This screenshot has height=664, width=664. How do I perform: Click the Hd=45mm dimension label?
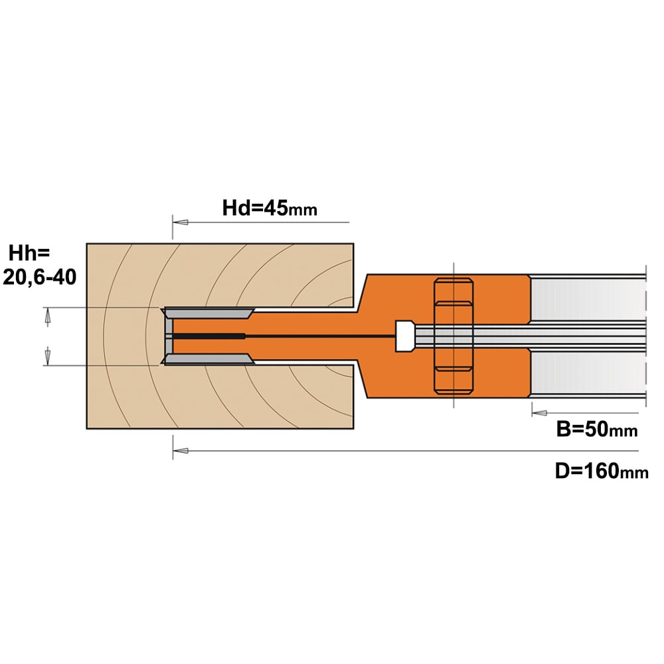click(270, 208)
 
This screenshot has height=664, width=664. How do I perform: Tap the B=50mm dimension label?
click(597, 429)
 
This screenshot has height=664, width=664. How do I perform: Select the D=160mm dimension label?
click(602, 471)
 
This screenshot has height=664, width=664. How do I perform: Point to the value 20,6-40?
click(39, 278)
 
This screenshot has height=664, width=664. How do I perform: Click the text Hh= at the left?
click(29, 253)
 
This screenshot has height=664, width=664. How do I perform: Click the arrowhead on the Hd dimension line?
click(181, 222)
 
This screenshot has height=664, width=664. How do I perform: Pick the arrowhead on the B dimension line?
click(539, 412)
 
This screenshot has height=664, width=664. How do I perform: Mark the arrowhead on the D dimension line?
click(181, 451)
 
